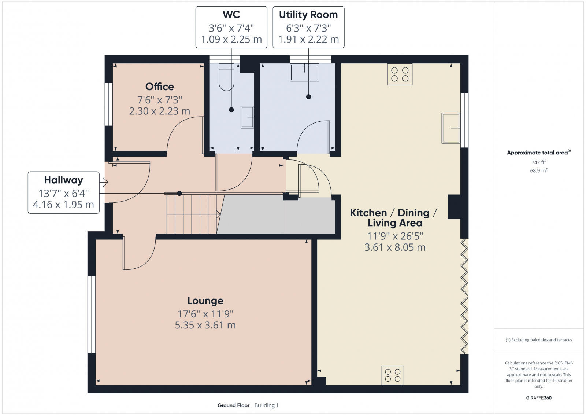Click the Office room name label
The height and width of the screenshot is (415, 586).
[159, 87]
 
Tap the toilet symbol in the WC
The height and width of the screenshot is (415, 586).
[226, 77]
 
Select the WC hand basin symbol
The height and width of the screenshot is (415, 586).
[247, 117]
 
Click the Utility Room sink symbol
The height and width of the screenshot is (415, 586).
[304, 72]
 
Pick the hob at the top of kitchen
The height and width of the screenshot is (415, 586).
[400, 74]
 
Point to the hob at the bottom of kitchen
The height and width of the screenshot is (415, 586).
[393, 375]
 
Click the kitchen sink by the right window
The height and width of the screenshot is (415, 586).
[451, 128]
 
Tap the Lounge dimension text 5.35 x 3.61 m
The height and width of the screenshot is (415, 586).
[205, 325]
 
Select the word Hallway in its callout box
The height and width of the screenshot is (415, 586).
[63, 180]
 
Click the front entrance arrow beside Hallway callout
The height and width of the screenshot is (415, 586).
[105, 182]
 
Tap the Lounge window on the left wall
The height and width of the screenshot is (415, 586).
[91, 314]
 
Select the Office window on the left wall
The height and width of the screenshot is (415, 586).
[108, 104]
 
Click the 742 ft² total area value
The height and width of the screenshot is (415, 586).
[539, 162]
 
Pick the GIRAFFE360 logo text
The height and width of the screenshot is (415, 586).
[539, 398]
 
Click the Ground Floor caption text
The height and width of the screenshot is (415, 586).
[233, 405]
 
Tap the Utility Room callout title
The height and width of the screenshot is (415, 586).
[308, 15]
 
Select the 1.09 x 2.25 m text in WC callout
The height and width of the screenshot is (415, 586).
[231, 39]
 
